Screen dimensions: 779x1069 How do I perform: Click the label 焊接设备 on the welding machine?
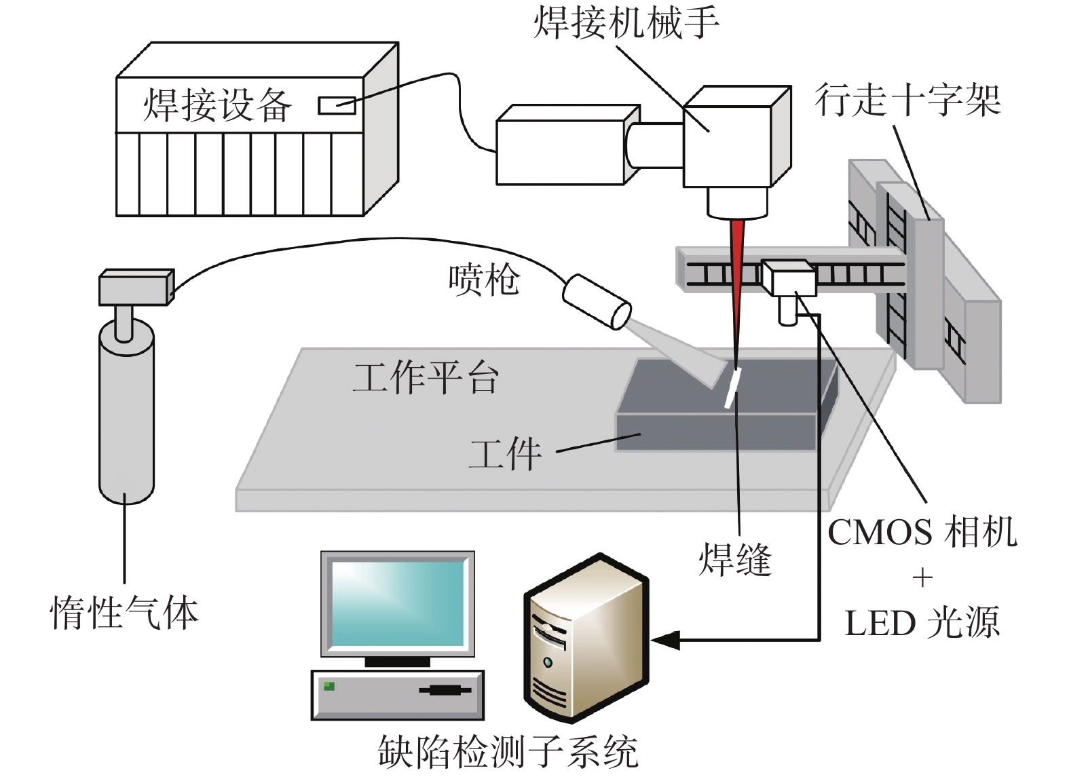coord(217,105)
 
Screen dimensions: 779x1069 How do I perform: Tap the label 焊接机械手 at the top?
coord(626,22)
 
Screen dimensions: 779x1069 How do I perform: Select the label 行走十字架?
coord(907,100)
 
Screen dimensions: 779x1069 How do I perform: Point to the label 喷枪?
coord(484,280)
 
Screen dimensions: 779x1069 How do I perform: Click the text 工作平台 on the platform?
coord(426,378)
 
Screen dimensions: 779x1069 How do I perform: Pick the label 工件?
coord(506,453)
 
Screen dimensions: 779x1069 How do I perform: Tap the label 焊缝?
coord(735,560)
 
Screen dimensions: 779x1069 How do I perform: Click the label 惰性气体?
coord(124,612)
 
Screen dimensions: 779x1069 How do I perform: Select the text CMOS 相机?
coord(922,532)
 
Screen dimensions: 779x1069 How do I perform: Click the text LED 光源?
coord(922,623)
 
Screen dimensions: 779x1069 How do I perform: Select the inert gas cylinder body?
coord(127,421)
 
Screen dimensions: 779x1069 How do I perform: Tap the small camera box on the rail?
coord(787,278)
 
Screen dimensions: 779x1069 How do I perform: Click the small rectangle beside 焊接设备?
coord(337,105)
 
